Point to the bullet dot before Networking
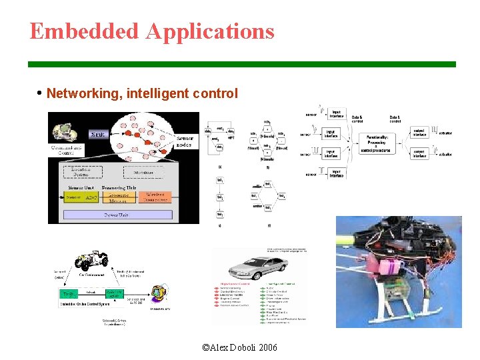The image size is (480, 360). pyautogui.click(x=41, y=93)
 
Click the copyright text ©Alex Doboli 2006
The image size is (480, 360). pyautogui.click(x=239, y=348)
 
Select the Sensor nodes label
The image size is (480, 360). pyautogui.click(x=180, y=140)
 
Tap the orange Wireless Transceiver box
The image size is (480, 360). pyautogui.click(x=154, y=197)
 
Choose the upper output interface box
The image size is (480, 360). pyautogui.click(x=419, y=133)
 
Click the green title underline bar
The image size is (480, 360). pyautogui.click(x=241, y=64)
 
